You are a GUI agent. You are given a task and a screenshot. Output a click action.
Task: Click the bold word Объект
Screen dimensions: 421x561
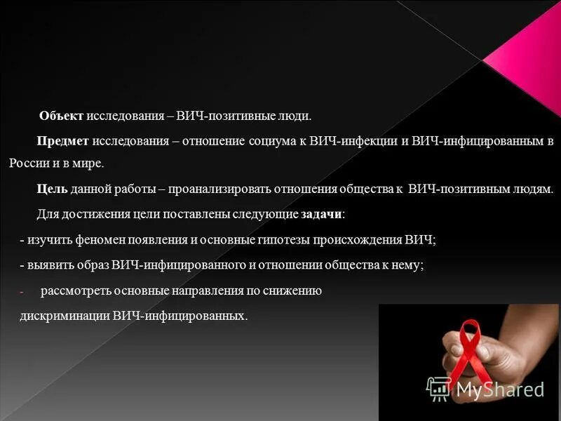point(62,115)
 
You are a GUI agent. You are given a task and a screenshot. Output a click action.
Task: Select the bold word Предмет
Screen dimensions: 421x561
point(62,141)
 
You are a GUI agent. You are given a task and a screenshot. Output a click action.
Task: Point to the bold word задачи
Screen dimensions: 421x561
point(322,214)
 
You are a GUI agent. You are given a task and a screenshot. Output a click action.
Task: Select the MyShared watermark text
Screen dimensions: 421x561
point(498,388)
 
